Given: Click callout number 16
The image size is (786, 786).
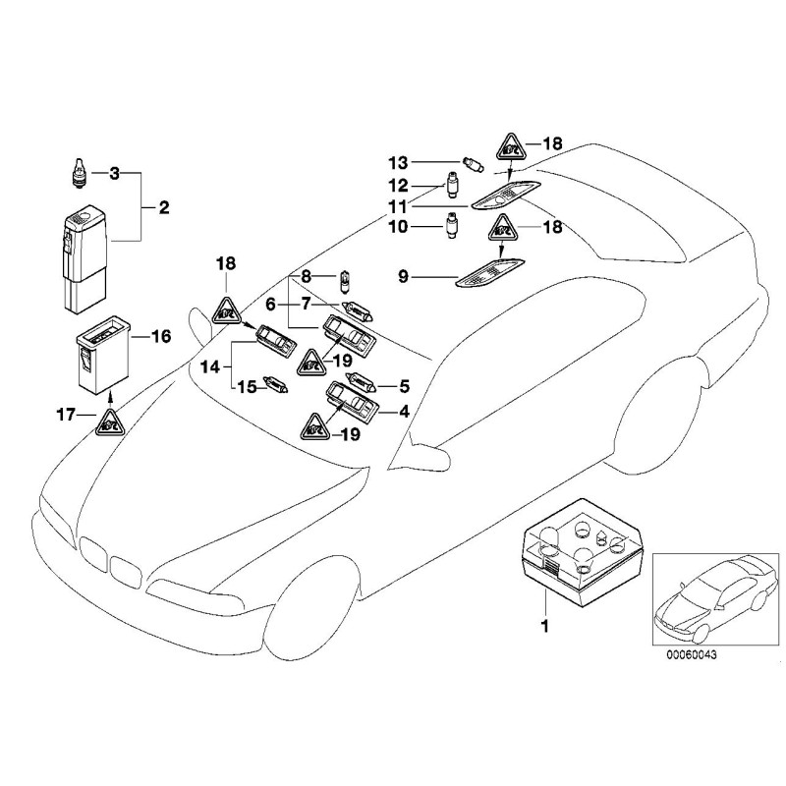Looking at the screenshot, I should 160,336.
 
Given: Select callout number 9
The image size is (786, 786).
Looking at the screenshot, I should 402,277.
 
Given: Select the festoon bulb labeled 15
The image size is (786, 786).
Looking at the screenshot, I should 272,385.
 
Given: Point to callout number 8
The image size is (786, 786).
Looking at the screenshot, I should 305,275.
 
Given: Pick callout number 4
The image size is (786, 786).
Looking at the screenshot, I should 402,413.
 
